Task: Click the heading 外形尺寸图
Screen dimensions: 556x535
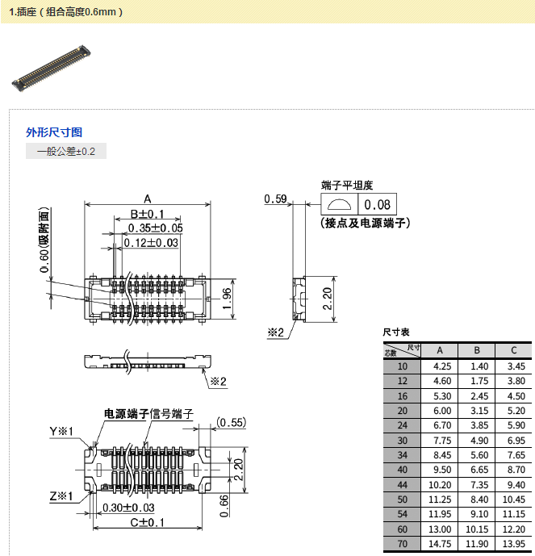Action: coord(54,132)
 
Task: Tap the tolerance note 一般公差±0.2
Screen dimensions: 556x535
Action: coord(65,152)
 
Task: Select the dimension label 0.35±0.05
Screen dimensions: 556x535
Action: coord(155,228)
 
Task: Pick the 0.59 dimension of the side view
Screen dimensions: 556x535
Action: coord(276,199)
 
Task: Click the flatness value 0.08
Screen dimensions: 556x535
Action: coord(377,205)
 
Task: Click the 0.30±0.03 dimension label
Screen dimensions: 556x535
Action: coord(128,508)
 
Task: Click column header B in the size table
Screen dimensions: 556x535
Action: coord(477,350)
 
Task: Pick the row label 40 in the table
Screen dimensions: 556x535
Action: coord(402,469)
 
